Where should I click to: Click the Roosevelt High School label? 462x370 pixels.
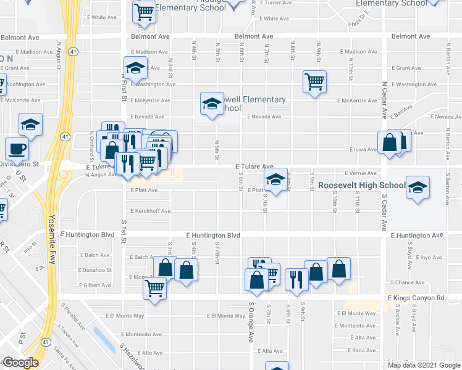pos(358,185)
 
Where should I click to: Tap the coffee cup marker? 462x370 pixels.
pos(17,149)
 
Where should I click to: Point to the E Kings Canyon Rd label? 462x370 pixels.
pos(416,298)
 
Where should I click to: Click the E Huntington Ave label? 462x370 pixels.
pos(417,236)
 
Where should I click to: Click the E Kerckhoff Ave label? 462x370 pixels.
pos(150,211)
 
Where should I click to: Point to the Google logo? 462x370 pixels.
pos(20,363)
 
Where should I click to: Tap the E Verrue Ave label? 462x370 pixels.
pos(360,174)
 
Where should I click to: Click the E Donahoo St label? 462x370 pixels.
pos(95,270)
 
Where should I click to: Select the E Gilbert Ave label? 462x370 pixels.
pos(94,286)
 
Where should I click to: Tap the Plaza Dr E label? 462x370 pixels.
pos(358,23)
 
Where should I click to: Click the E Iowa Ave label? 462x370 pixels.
pos(363,150)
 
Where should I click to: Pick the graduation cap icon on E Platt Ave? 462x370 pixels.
pos(276,180)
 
